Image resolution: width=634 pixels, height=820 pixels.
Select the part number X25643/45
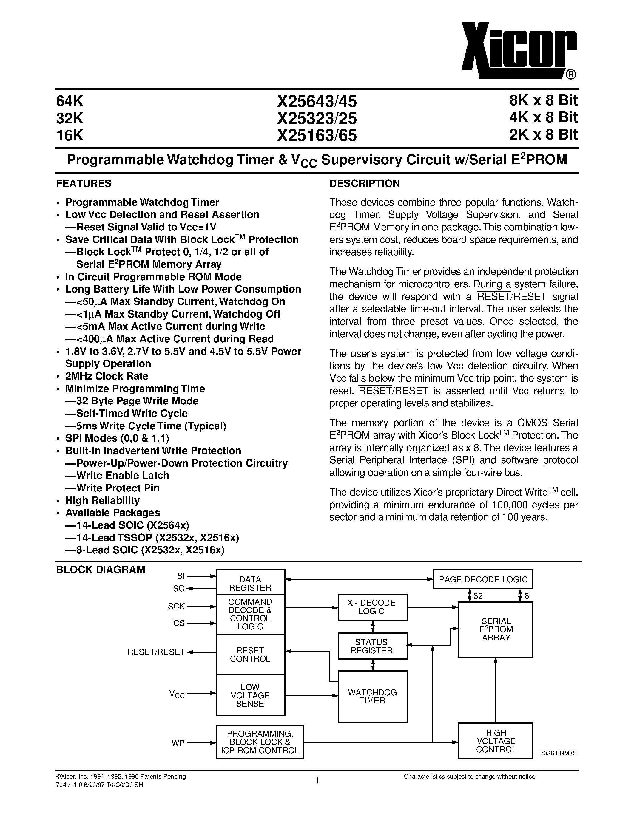(317, 101)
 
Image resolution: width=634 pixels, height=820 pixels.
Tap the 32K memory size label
(70, 118)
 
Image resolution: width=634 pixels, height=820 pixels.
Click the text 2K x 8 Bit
(543, 134)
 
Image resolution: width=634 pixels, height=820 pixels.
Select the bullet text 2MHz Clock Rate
(107, 376)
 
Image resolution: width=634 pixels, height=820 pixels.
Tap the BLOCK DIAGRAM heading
(100, 570)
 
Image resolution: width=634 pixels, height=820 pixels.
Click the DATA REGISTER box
(250, 584)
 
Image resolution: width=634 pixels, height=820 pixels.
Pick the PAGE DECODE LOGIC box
(483, 579)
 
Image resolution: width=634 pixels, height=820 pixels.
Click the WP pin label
(178, 743)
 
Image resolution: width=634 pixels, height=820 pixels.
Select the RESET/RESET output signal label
(156, 652)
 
